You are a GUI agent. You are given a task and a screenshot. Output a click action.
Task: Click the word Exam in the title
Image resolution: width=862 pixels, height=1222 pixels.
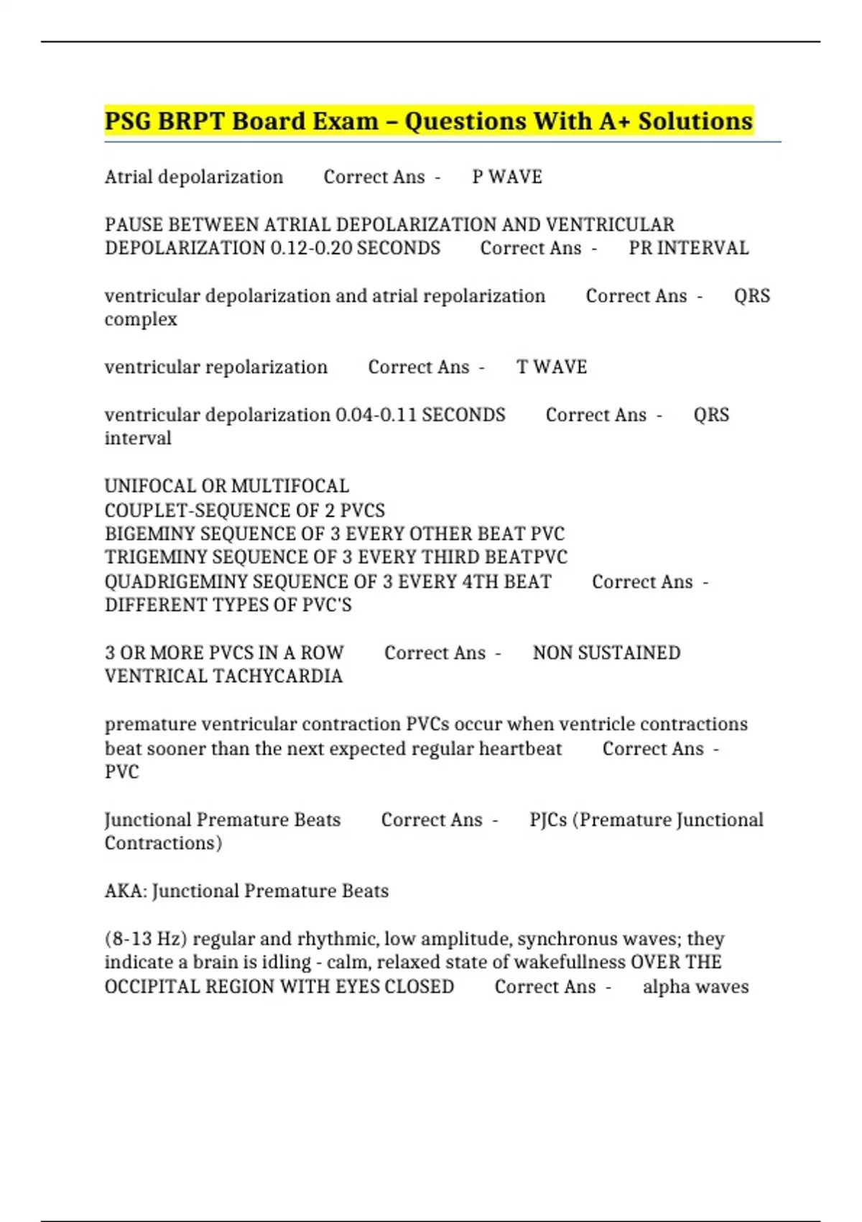pos(342,121)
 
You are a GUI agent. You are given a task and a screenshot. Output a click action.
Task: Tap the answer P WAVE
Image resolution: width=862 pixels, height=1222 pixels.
pos(507,177)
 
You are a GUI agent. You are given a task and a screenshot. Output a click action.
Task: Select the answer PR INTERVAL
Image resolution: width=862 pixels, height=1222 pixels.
pos(688,248)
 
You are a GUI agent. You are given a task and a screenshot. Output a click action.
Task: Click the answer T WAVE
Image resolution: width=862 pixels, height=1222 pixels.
pos(552,367)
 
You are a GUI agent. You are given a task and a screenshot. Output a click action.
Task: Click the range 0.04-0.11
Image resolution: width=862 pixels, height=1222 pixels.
pos(376,415)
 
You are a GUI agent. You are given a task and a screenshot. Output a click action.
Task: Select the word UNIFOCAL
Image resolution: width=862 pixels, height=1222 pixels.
pos(150,486)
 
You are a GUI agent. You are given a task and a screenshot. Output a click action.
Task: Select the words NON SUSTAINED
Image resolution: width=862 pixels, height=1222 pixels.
pos(606,653)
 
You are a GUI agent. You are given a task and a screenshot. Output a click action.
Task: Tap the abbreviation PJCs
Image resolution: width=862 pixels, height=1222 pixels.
pos(548,820)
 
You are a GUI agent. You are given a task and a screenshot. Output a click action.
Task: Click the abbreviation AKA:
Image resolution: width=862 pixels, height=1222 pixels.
pos(126,891)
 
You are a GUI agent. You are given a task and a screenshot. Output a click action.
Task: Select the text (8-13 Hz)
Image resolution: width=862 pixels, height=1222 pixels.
pos(146,939)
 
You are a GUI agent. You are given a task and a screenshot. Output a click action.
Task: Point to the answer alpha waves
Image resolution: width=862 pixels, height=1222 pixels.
pos(695,987)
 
